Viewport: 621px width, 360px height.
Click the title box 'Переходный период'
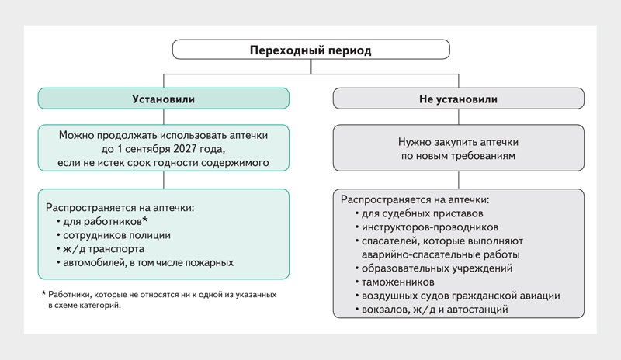coord(310,50)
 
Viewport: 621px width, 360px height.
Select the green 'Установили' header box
coord(163,99)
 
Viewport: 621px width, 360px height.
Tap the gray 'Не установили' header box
coord(458,99)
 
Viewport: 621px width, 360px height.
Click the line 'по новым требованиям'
coord(458,156)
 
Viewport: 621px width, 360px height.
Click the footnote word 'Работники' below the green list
coord(71,296)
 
